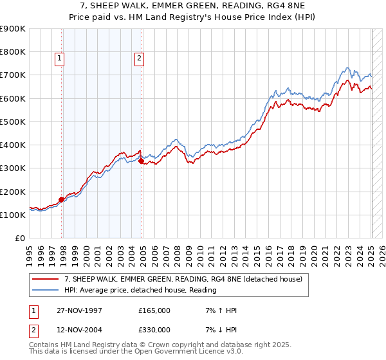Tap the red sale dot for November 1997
(x=62, y=199)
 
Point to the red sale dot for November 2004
(x=141, y=161)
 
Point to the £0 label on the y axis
(x=19, y=238)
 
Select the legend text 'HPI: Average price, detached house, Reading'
(x=140, y=290)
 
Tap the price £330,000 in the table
(x=154, y=329)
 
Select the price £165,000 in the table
(x=154, y=310)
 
